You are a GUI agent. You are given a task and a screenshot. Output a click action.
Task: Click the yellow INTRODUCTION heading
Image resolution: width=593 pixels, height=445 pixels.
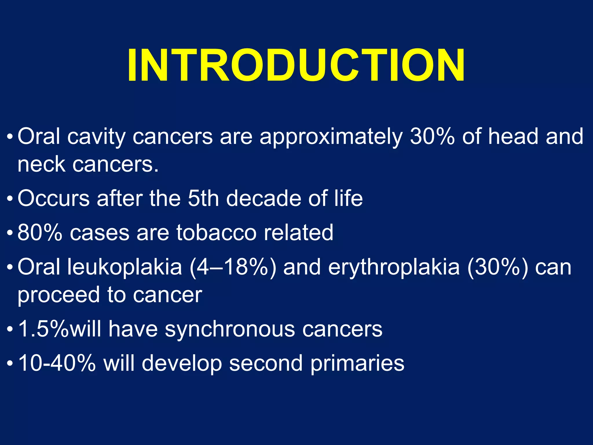(x=296, y=65)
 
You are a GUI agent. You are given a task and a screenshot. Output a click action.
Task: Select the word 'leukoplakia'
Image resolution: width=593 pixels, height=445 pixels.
(x=125, y=267)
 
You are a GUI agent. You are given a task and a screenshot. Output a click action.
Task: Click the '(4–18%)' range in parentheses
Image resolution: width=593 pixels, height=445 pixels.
(x=233, y=267)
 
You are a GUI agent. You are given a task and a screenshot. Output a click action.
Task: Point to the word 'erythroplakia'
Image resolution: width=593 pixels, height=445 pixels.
(x=394, y=267)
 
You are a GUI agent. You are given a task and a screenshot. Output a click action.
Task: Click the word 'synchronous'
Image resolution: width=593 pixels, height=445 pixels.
(x=230, y=329)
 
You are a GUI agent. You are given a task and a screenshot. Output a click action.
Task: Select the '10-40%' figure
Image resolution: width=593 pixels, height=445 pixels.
(x=57, y=363)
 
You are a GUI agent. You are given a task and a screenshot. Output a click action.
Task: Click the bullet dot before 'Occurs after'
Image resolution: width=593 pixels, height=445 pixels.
(x=10, y=200)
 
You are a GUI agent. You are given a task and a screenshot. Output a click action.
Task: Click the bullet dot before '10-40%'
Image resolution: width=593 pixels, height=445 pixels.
(x=10, y=364)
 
